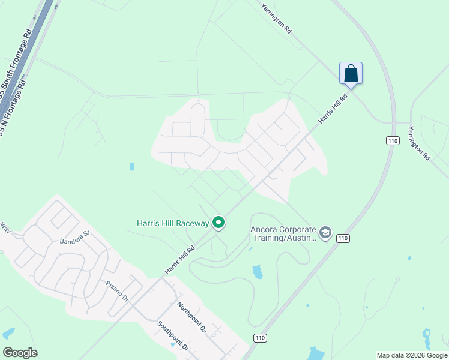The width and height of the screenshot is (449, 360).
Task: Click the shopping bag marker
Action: [351, 74]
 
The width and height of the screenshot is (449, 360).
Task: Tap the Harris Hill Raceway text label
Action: [173, 224]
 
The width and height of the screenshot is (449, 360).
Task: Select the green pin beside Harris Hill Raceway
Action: [219, 223]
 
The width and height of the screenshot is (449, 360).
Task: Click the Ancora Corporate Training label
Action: [283, 233]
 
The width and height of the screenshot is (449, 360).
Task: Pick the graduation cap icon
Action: [325, 233]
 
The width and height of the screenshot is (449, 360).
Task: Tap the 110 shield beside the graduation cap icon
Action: [342, 238]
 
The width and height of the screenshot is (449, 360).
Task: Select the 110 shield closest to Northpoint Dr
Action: [259, 338]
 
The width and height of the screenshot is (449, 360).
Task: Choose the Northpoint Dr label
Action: [191, 317]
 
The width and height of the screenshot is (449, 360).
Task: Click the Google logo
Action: [20, 352]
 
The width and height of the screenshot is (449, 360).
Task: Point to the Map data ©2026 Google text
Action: [412, 355]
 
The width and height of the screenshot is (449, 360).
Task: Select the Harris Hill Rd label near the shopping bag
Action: [333, 109]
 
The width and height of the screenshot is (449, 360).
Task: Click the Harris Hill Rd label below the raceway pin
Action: [181, 260]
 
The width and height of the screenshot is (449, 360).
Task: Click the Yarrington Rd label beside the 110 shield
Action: [418, 142]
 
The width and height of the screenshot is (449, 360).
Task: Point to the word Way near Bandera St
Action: [5, 228]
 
